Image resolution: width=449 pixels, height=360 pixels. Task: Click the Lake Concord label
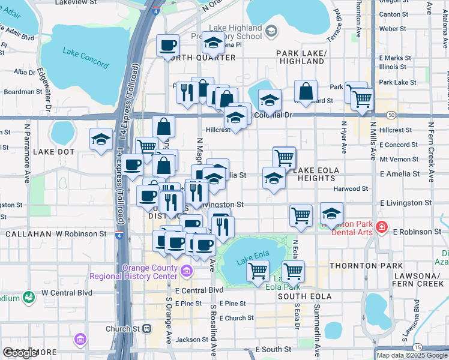pos(86,58)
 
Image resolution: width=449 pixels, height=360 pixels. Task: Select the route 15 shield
pos(417,347)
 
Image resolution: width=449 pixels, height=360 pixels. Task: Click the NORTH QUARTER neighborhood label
pos(199,58)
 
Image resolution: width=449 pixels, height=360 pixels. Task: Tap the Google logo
pos(20,353)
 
